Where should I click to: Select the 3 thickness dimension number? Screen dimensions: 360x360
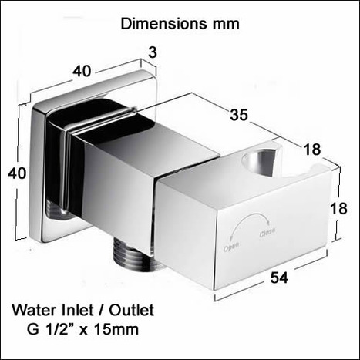click(152, 52)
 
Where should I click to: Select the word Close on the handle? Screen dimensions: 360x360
click(267, 230)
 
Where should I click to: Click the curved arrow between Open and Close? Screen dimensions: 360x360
click(248, 223)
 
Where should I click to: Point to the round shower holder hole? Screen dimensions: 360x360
click(257, 163)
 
